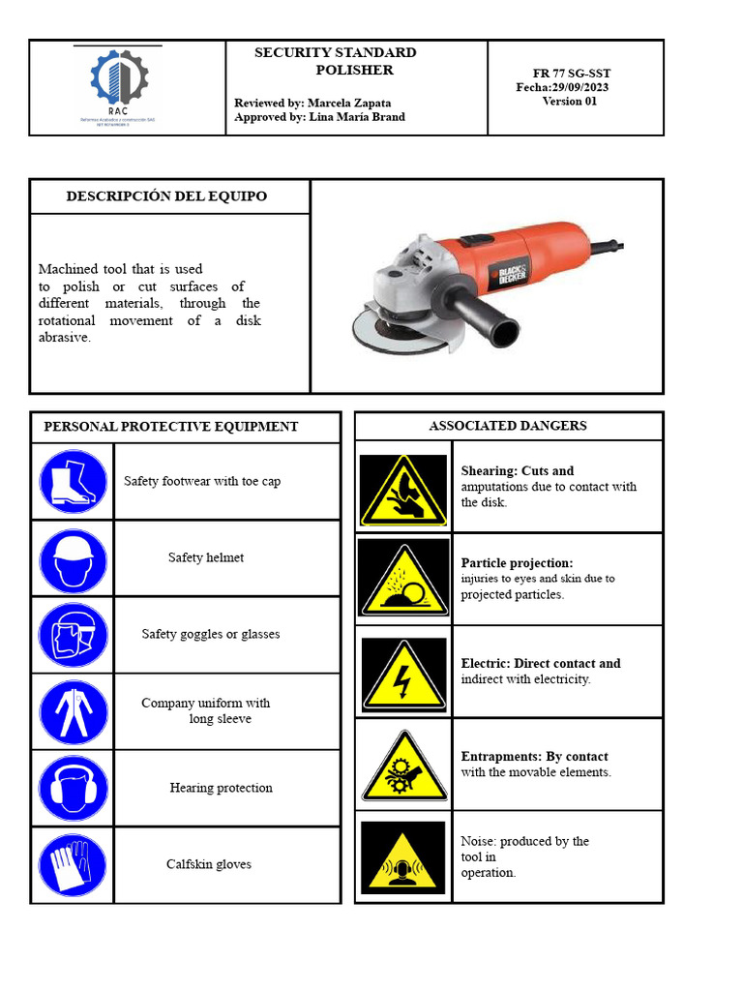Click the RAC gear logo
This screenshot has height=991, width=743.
coord(117,81)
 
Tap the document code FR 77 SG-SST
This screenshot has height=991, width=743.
coord(571,74)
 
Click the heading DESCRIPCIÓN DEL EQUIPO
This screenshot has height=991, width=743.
coord(166,196)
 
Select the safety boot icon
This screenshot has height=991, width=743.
coord(73,481)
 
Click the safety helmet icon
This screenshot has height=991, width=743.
coord(73,558)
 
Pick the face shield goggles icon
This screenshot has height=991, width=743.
coord(73,635)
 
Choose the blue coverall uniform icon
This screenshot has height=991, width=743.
coord(73,711)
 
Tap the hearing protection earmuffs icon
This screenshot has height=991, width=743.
coord(73,788)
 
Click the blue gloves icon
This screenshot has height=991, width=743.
coord(73,864)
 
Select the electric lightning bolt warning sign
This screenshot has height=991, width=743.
coord(403,674)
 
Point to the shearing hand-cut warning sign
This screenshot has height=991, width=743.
coord(403,489)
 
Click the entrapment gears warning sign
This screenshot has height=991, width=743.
coord(403,766)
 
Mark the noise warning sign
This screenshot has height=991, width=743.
coord(403,857)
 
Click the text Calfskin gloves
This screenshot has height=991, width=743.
coord(208,864)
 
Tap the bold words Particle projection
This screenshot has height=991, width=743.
coord(517,562)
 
